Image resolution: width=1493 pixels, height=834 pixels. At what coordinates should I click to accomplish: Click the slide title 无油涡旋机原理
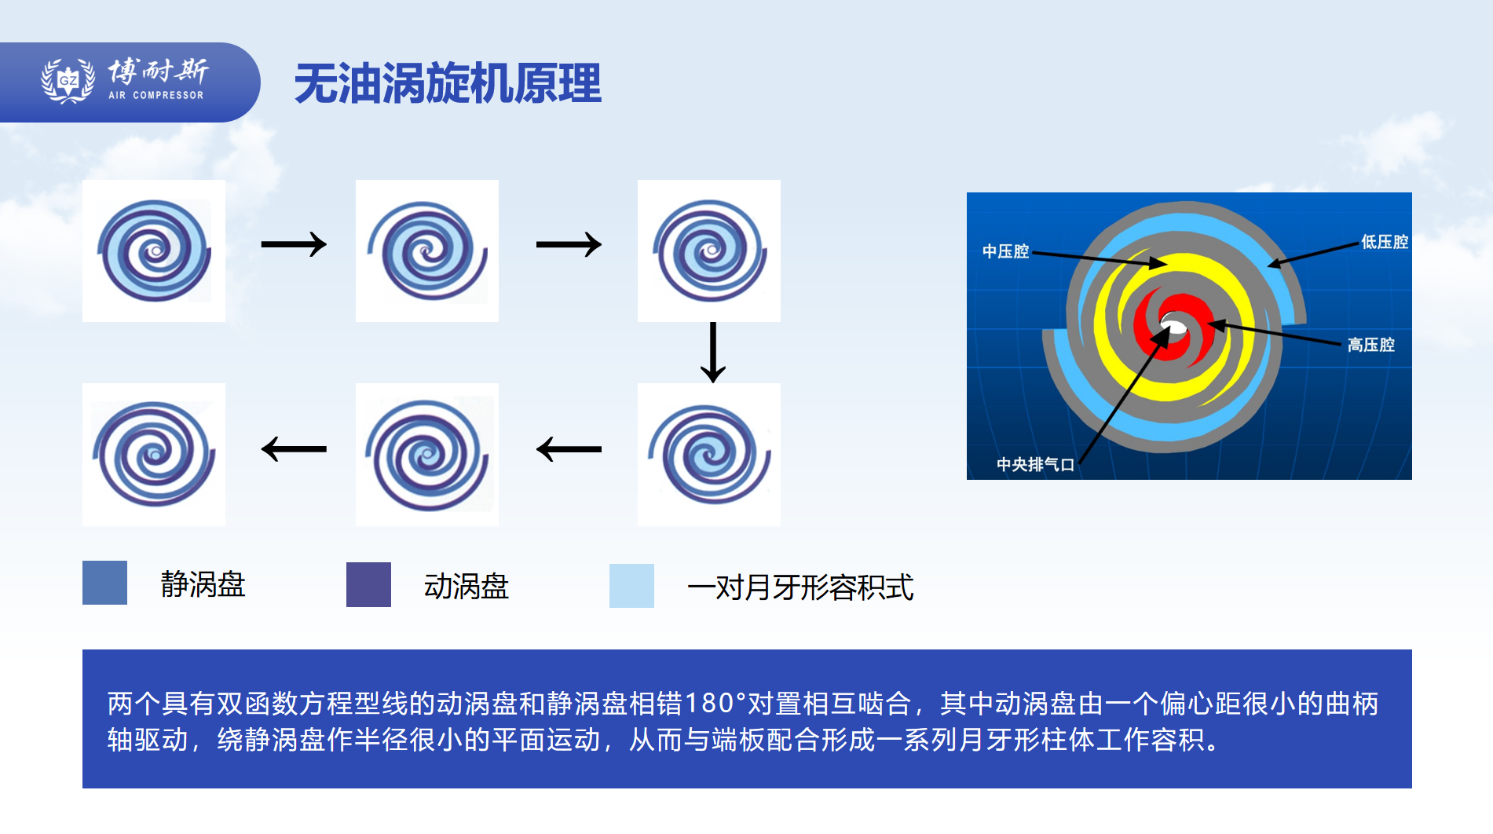click(x=448, y=83)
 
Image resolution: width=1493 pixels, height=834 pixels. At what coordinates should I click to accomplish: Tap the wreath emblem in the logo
click(x=68, y=80)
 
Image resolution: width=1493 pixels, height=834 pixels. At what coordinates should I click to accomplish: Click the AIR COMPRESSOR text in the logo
click(x=156, y=95)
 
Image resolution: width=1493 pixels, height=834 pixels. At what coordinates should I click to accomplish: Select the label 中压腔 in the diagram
click(x=1005, y=251)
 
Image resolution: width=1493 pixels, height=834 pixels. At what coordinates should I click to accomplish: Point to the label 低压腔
click(x=1385, y=242)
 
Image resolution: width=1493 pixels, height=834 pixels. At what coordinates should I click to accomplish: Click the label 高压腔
click(x=1371, y=345)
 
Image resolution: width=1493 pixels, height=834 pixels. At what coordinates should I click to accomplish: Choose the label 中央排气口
click(x=1035, y=465)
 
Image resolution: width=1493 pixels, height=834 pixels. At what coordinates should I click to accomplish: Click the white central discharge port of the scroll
click(x=1173, y=324)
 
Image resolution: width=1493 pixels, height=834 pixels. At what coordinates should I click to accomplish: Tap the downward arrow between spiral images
click(x=713, y=352)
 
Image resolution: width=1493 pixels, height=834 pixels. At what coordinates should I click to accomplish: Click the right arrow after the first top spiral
click(x=294, y=244)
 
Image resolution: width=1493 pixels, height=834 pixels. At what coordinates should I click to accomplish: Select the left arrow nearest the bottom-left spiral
click(x=294, y=449)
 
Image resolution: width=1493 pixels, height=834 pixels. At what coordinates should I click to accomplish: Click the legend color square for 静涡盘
click(x=104, y=583)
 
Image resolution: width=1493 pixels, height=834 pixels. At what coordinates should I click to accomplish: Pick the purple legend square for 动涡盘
click(x=368, y=584)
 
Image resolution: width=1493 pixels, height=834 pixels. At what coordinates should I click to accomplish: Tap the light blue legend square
click(x=631, y=586)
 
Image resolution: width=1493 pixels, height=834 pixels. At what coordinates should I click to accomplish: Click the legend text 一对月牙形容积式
click(x=800, y=587)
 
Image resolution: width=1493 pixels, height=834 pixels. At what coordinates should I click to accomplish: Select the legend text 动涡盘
click(x=467, y=587)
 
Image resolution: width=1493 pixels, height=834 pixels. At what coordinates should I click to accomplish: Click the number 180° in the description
click(x=715, y=704)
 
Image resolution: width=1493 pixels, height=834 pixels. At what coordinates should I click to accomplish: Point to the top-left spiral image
click(x=154, y=251)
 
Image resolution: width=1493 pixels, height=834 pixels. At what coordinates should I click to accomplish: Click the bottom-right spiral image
click(x=709, y=455)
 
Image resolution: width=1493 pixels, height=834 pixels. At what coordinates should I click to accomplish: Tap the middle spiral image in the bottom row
click(x=427, y=455)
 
